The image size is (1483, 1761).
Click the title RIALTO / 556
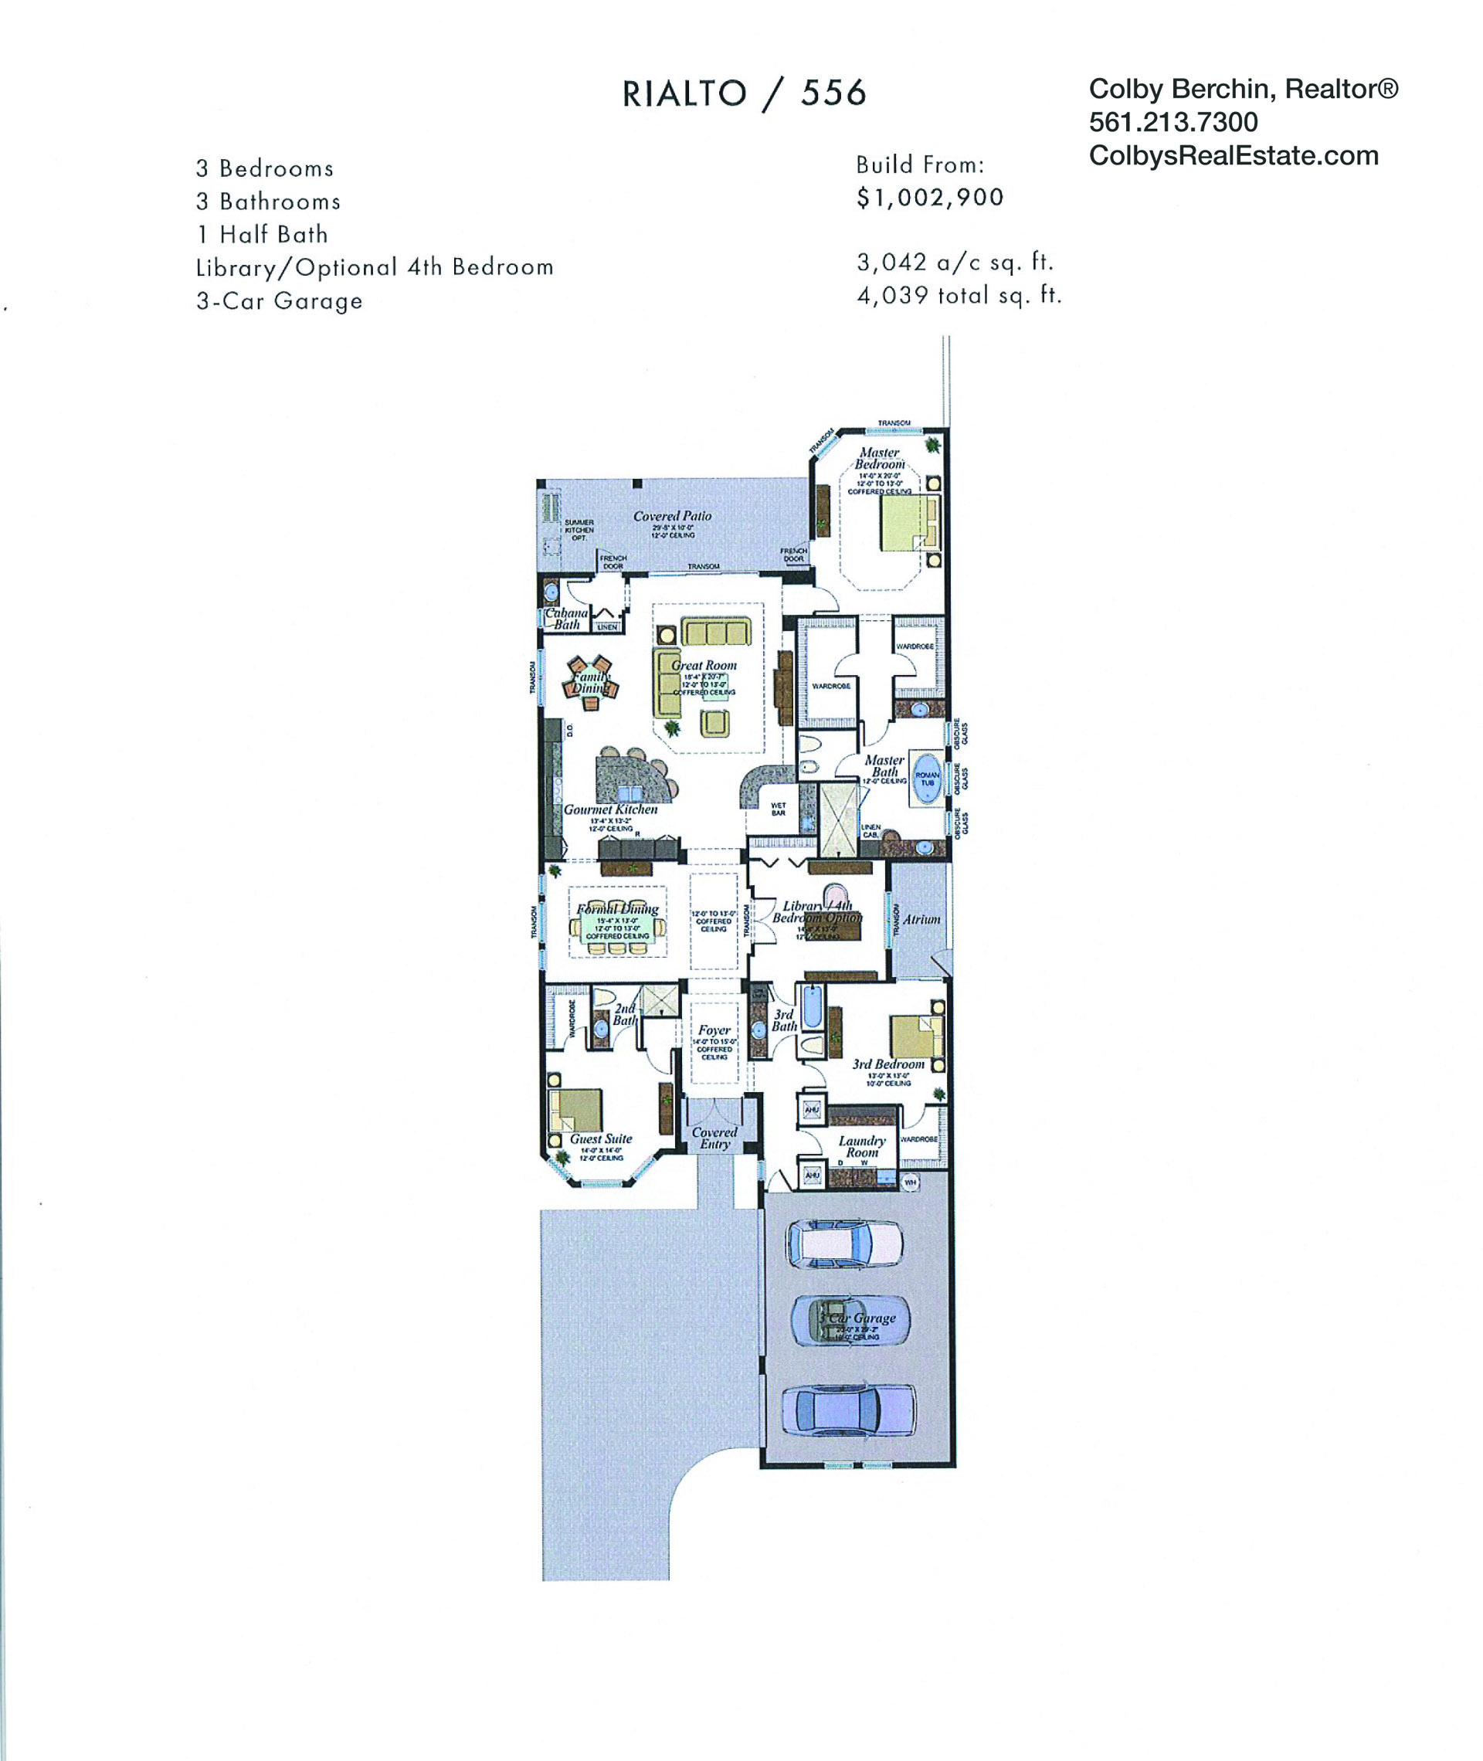pyautogui.click(x=744, y=93)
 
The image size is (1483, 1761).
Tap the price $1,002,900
pyautogui.click(x=930, y=198)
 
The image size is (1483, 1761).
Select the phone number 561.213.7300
pyautogui.click(x=1172, y=123)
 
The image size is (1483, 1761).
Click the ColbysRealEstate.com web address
pyautogui.click(x=1234, y=155)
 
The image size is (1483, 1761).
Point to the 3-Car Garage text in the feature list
pyautogui.click(x=279, y=301)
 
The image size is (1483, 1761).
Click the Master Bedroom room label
pyautogui.click(x=880, y=458)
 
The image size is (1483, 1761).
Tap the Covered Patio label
pyautogui.click(x=672, y=516)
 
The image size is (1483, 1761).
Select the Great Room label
pyautogui.click(x=704, y=665)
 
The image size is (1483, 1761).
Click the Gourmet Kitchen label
pyautogui.click(x=610, y=809)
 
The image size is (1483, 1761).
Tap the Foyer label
pyautogui.click(x=714, y=1030)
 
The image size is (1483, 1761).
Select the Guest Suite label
pyautogui.click(x=600, y=1139)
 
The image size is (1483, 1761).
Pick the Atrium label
pyautogui.click(x=921, y=920)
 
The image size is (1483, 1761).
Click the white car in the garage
pyautogui.click(x=845, y=1244)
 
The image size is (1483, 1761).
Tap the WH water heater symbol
pyautogui.click(x=910, y=1182)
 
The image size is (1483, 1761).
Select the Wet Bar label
pyautogui.click(x=779, y=809)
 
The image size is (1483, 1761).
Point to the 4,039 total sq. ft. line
pyautogui.click(x=959, y=296)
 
